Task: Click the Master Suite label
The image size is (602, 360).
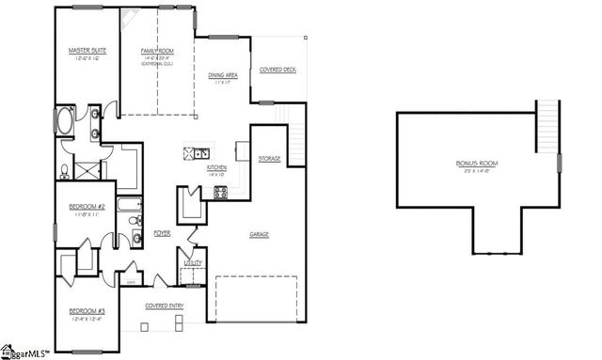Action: (86, 50)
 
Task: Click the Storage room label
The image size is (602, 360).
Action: (270, 159)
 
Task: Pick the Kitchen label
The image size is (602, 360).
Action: (217, 167)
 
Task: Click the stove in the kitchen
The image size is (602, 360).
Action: (221, 193)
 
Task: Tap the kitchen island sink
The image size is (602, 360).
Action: (200, 151)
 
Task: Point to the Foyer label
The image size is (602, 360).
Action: (162, 232)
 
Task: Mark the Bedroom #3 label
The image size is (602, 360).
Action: (86, 313)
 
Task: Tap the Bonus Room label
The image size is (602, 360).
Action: (478, 163)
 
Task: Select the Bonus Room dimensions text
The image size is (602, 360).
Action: (478, 171)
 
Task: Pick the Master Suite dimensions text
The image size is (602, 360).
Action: (86, 58)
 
